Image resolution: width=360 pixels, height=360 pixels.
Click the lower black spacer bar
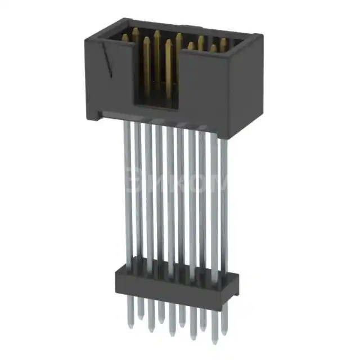pyautogui.click(x=174, y=281)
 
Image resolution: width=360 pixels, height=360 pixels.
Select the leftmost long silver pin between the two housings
pyautogui.click(x=128, y=191)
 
